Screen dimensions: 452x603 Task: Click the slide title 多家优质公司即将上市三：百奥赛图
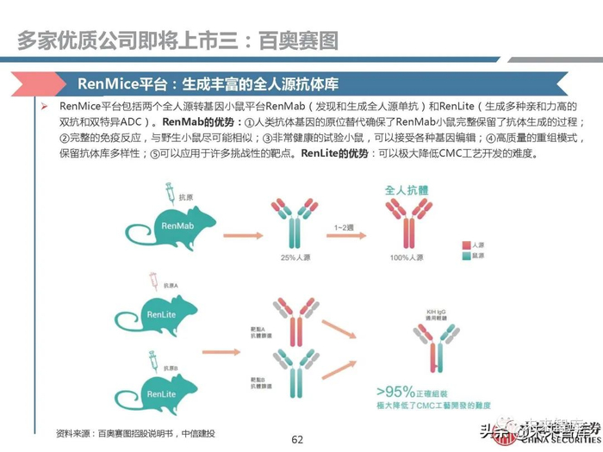[177, 40]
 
